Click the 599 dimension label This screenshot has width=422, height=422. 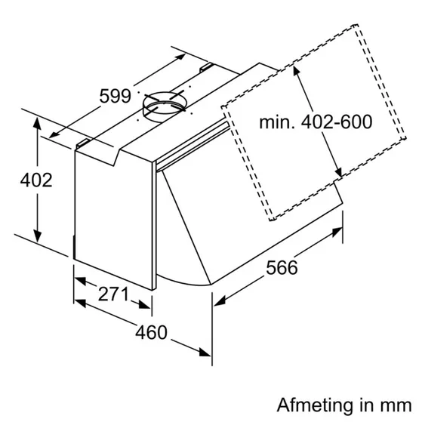point(116,96)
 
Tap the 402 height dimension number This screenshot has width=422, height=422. point(36,180)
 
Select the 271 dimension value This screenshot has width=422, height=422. point(113,294)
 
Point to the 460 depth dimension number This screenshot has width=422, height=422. point(151,332)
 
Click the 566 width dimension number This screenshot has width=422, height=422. point(282,267)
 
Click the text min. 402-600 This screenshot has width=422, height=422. point(316,122)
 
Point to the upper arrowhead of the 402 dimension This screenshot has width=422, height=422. point(37,124)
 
